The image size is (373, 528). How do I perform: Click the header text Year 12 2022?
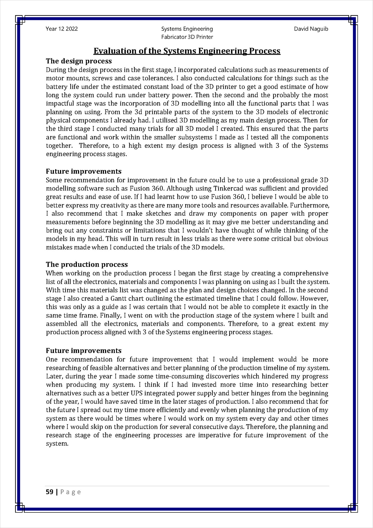pos(62,29)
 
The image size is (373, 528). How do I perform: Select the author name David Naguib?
pos(311,29)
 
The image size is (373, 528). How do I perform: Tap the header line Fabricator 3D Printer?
pos(187,37)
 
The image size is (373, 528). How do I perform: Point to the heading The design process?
pos(79,61)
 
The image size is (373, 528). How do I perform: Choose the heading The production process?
pos(87,264)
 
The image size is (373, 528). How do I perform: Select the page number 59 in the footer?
pos(49,492)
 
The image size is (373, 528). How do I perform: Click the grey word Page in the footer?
pos(71,492)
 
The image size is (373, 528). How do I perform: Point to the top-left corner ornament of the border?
pos(20,20)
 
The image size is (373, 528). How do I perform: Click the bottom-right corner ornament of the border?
pos(353,507)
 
